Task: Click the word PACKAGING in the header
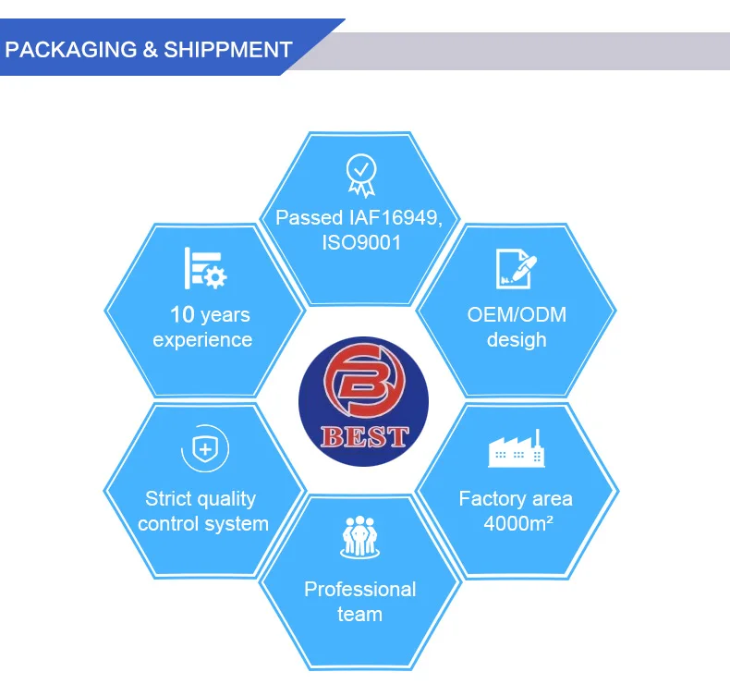tap(70, 50)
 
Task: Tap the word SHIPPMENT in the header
tap(228, 50)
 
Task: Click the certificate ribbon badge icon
tap(360, 175)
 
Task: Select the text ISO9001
tap(359, 243)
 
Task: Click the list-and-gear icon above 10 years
tap(204, 267)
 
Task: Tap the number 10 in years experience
tap(181, 315)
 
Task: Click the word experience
tap(202, 340)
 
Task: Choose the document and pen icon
tap(516, 267)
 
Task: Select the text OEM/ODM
tap(517, 315)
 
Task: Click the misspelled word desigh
tap(517, 340)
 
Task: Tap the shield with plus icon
tap(203, 450)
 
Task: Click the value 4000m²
tap(517, 524)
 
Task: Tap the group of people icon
tap(359, 537)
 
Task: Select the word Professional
tap(359, 589)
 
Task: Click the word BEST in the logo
tap(363, 436)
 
